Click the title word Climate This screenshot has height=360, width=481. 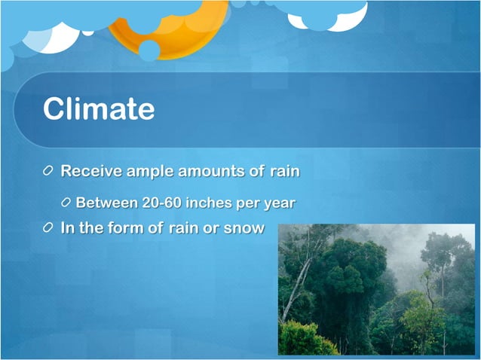[x=99, y=109]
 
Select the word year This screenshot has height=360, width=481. [x=280, y=203]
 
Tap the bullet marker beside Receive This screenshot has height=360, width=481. [x=49, y=171]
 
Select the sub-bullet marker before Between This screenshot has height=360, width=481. [x=67, y=203]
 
